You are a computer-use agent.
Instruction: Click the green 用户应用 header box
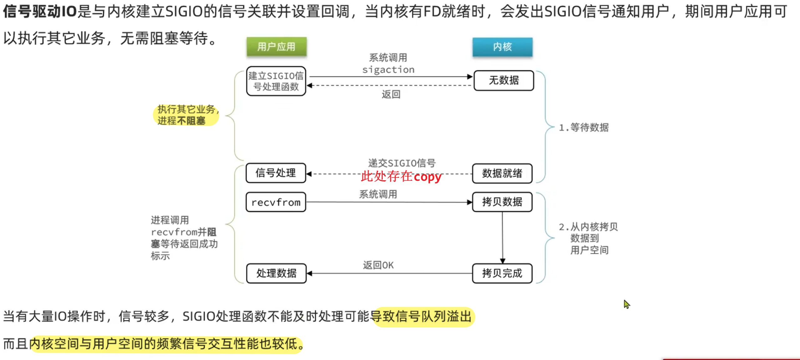coord(276,47)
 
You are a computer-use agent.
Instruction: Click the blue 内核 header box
coord(502,47)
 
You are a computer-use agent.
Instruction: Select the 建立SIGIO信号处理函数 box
coord(276,81)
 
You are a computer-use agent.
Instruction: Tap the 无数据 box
coord(503,80)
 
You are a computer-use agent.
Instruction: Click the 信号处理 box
coord(276,173)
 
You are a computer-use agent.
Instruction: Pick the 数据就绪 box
coord(502,173)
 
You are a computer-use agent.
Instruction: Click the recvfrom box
coord(276,203)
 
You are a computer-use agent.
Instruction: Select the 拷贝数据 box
coord(502,202)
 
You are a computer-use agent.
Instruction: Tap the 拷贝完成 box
coord(502,273)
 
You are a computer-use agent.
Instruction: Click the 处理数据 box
coord(276,273)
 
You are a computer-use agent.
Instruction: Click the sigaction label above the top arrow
coord(388,69)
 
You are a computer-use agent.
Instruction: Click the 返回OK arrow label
coord(378,265)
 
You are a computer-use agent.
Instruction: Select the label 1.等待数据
coord(583,127)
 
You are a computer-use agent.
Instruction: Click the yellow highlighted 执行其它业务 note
coord(186,115)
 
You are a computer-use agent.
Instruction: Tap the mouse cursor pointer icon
coord(626,304)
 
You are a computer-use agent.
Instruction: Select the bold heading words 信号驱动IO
coord(40,12)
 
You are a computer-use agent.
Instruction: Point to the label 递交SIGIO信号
coord(401,163)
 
